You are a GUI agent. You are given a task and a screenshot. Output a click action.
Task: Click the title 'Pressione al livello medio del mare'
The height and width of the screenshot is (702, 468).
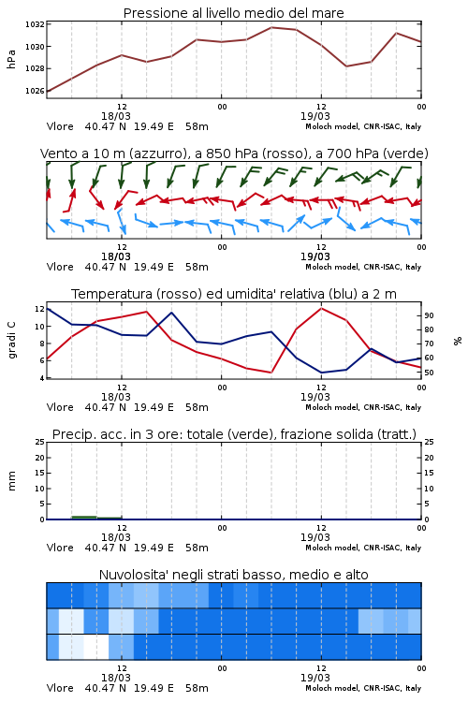233,13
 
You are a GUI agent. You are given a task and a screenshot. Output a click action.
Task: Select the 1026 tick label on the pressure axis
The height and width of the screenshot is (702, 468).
35,91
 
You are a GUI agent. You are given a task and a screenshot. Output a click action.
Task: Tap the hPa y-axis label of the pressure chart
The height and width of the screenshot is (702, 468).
11,59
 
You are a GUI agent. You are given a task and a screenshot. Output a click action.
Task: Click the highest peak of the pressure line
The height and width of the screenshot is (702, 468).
271,27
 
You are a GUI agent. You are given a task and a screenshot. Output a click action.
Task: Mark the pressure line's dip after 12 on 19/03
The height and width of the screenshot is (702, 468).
346,66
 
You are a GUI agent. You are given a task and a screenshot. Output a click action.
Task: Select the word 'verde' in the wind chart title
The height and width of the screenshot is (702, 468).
406,154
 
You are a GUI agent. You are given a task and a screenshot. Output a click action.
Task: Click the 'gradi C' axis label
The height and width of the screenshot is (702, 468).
11,340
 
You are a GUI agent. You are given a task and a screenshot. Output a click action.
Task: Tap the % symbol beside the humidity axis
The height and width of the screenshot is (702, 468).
458,341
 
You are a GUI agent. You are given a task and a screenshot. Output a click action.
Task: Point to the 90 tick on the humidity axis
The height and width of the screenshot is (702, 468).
429,315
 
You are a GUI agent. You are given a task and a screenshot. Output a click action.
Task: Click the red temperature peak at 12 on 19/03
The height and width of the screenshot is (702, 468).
321,308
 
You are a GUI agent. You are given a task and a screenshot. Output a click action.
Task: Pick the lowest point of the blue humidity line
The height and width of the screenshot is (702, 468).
321,373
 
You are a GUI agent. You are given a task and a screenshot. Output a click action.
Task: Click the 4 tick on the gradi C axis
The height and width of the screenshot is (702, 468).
42,378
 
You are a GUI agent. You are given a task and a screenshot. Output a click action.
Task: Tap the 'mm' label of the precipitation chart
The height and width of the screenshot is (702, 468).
11,481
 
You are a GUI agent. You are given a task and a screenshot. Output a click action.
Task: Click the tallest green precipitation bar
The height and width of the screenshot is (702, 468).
84,518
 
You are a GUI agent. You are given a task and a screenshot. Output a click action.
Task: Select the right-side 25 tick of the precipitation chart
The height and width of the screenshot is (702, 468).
429,442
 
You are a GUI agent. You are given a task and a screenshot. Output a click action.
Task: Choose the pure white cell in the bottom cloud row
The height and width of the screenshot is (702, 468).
96,647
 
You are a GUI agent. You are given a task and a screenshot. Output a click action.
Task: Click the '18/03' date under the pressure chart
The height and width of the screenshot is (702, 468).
116,116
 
